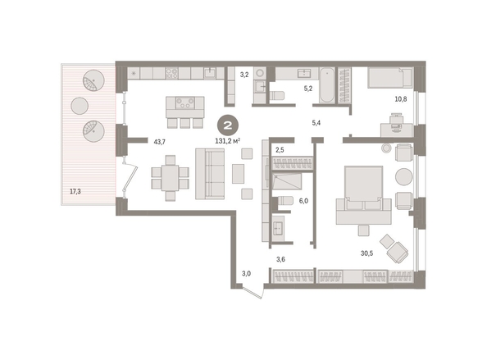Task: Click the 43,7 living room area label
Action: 160,142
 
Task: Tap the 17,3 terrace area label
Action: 75,191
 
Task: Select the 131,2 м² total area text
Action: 228,141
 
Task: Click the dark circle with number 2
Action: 228,125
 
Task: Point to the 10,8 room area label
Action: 401,99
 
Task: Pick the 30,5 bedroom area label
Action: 366,253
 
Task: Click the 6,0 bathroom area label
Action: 303,201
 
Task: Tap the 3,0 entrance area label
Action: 246,274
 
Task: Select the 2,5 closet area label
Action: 280,150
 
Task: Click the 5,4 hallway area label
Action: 316,123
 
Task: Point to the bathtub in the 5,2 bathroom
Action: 327,85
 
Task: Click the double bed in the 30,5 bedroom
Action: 363,194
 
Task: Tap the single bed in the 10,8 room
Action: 390,78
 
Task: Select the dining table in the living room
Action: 171,178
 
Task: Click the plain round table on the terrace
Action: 80,106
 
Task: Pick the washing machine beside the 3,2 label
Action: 260,73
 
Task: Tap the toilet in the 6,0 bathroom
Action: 284,200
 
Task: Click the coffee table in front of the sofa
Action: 239,174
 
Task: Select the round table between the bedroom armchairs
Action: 403,177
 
